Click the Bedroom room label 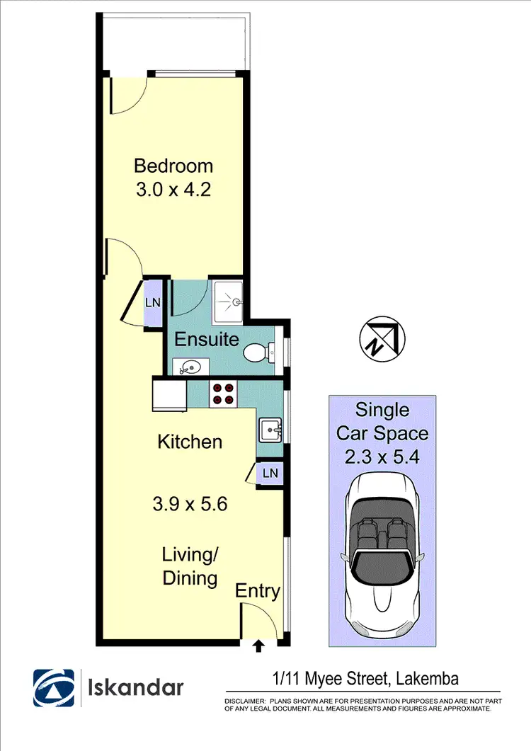[173, 166]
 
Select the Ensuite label [207, 338]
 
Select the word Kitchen [190, 442]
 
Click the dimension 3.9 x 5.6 [190, 505]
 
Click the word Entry [258, 591]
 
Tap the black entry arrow [258, 645]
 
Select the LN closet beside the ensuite [153, 302]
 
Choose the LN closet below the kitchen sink [270, 472]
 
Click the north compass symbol [382, 337]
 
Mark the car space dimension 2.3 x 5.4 [382, 457]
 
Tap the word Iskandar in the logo [135, 688]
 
